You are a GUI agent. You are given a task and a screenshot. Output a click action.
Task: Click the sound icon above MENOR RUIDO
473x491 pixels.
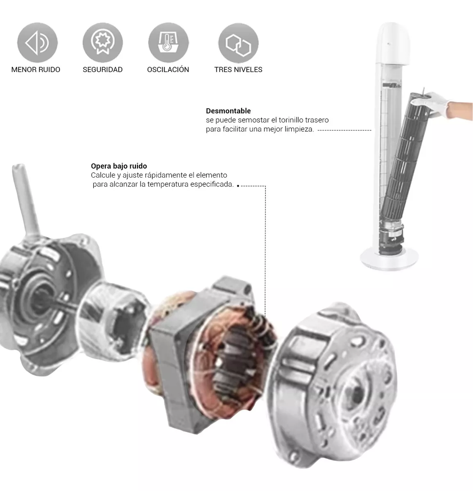(x=37, y=43)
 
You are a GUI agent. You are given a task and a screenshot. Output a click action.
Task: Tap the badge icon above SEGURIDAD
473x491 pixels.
(x=103, y=43)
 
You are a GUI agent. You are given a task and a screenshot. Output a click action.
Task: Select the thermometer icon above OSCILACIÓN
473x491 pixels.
(x=168, y=43)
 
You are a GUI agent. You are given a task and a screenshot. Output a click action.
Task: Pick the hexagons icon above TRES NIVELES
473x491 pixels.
(x=238, y=43)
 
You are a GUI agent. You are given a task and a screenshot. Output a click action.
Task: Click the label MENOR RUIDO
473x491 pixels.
(x=36, y=70)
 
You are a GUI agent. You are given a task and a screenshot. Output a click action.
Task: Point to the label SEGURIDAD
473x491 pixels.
(x=103, y=70)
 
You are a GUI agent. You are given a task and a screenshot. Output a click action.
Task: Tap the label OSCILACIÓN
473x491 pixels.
(x=168, y=70)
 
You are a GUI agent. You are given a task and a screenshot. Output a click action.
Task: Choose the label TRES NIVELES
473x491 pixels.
(x=238, y=70)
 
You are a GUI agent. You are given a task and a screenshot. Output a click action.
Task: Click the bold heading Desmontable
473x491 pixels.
(x=228, y=111)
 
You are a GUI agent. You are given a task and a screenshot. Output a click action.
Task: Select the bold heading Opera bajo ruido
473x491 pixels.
(x=119, y=166)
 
